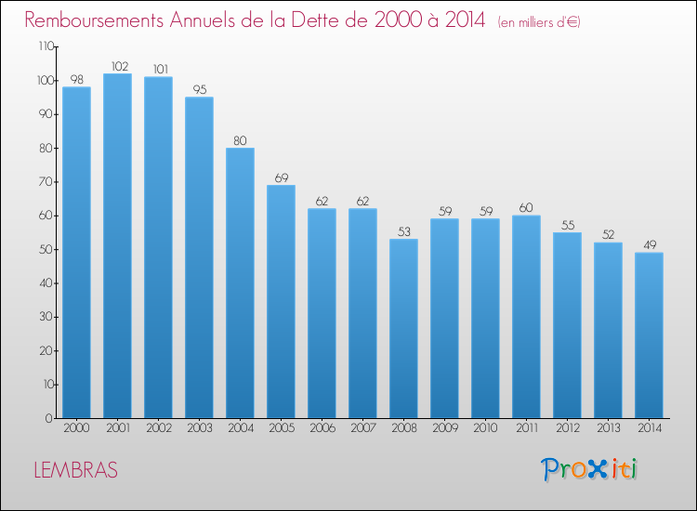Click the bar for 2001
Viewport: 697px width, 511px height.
(117, 245)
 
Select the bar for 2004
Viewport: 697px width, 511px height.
(240, 283)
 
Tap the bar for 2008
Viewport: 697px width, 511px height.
(403, 328)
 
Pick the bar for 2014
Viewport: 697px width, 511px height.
(649, 335)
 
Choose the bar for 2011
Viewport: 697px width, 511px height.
(526, 317)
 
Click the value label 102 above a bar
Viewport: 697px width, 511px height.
(120, 67)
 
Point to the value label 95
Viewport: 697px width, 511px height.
(200, 90)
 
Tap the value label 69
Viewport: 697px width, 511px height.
(282, 177)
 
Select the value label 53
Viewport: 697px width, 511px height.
(404, 231)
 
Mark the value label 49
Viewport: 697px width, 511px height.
(650, 245)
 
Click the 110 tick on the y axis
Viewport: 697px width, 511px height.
(46, 46)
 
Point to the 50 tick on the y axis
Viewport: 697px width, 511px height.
(46, 249)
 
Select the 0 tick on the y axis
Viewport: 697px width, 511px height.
(49, 418)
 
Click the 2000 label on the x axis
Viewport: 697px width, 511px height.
(76, 428)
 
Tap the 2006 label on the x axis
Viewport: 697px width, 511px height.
(322, 428)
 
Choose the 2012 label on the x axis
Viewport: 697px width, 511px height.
(568, 428)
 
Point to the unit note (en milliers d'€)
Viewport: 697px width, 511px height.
(539, 22)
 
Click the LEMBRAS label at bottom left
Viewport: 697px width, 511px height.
(76, 470)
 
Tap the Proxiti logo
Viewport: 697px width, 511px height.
(589, 469)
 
